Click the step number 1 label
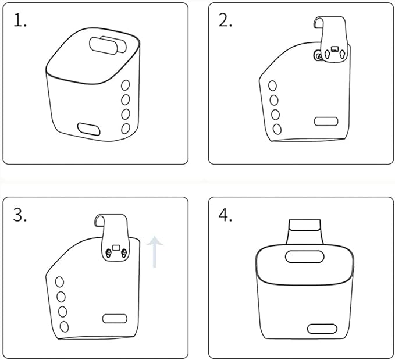[20, 20]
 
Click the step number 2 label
[225, 20]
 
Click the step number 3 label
[19, 215]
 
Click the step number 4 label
[225, 215]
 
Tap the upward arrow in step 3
[155, 252]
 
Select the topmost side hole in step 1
[126, 85]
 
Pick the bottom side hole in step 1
[126, 129]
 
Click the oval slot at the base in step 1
[88, 129]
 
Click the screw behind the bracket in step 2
[318, 56]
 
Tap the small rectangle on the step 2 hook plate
[335, 49]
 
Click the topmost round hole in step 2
[272, 85]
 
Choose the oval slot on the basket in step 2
[326, 122]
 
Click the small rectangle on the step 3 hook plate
[116, 248]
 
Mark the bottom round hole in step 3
[64, 327]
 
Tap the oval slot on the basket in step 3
[115, 319]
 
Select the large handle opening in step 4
[305, 256]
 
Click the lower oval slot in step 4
[322, 329]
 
